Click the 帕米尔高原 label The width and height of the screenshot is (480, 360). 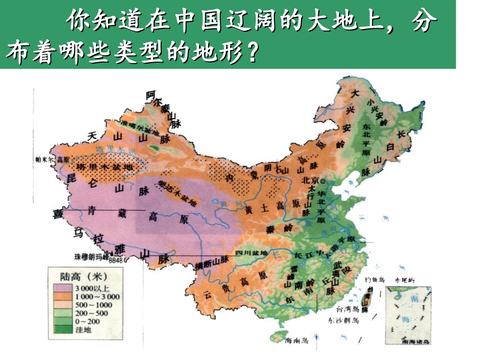[x=49, y=159]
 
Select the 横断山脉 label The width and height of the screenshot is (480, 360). [x=212, y=264]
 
